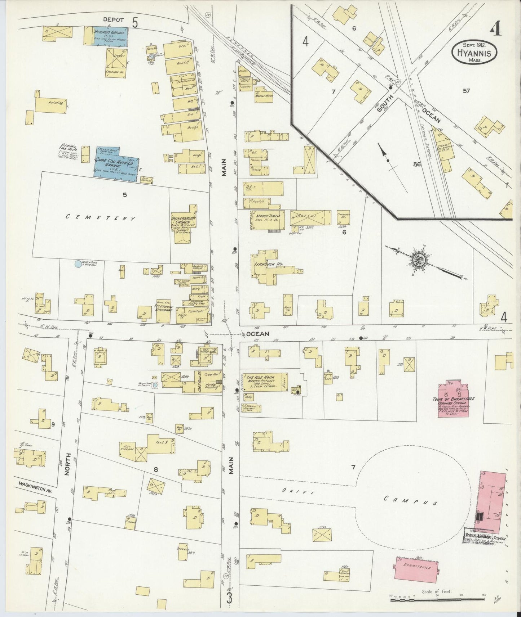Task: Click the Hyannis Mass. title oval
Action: [474, 52]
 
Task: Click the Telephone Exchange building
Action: [164, 310]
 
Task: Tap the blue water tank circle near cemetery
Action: [78, 264]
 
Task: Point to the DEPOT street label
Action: [113, 20]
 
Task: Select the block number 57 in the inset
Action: [466, 91]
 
